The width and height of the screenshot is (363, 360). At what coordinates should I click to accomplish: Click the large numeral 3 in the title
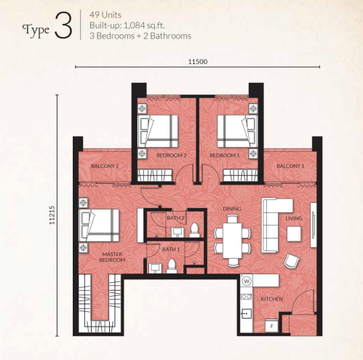(63, 27)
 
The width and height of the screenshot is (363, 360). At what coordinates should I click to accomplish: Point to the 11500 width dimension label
(197, 62)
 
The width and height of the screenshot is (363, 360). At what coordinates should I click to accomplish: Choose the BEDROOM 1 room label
(224, 156)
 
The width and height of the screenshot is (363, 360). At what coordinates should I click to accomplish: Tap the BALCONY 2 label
(105, 167)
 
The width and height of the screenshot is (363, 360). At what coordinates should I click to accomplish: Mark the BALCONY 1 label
(290, 167)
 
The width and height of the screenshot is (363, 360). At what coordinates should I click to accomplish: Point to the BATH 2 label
(175, 217)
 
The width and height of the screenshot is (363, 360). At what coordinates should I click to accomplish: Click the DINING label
(232, 209)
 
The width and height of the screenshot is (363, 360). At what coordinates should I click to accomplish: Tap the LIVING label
(293, 217)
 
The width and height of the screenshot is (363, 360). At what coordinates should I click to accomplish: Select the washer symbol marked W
(247, 281)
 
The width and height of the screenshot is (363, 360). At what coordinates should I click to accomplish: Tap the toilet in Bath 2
(193, 231)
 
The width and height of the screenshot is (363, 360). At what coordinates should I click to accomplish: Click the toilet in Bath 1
(172, 265)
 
